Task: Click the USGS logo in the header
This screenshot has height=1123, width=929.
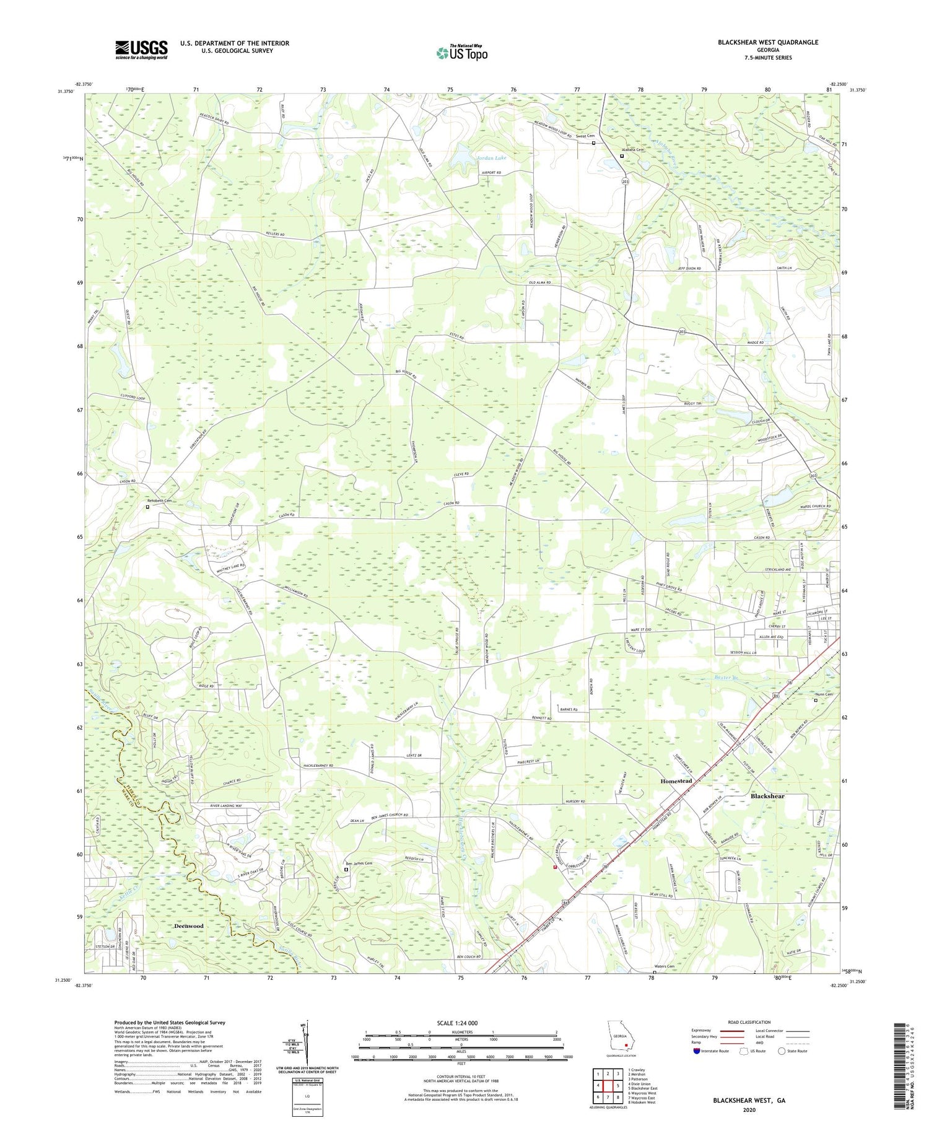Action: pyautogui.click(x=141, y=50)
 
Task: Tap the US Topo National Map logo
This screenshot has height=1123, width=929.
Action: pyautogui.click(x=461, y=53)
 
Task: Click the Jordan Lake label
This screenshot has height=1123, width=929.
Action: pyautogui.click(x=491, y=158)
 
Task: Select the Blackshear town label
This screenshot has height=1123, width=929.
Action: pyautogui.click(x=767, y=796)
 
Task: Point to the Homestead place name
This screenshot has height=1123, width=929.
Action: pyautogui.click(x=676, y=781)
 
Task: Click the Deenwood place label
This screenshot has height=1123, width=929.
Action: pyautogui.click(x=188, y=926)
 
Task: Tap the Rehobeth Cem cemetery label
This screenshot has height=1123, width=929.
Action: pyautogui.click(x=159, y=500)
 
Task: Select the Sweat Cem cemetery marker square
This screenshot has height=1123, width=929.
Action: pyautogui.click(x=593, y=143)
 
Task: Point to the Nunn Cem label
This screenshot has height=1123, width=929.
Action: pyautogui.click(x=824, y=694)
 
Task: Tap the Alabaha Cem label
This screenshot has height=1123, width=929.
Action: pyautogui.click(x=633, y=149)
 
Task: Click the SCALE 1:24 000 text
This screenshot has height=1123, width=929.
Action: pyautogui.click(x=461, y=1023)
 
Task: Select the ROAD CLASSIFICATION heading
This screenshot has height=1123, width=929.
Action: pyautogui.click(x=749, y=1022)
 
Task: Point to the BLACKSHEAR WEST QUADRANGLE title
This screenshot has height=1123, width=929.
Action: pyautogui.click(x=768, y=42)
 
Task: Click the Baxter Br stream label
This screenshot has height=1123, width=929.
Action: pyautogui.click(x=727, y=678)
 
